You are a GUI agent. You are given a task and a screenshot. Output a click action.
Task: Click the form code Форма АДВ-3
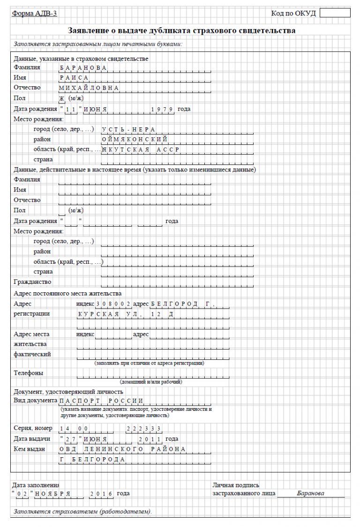pyautogui.click(x=35, y=13)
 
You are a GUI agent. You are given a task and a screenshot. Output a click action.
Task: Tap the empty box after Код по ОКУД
pyautogui.click(x=335, y=13)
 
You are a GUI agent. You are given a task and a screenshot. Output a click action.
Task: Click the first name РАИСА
pyautogui.click(x=74, y=78)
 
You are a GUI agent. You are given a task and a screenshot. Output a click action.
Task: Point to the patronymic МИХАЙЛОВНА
pyautogui.click(x=89, y=88)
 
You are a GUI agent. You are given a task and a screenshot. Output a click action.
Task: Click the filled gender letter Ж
pyautogui.click(x=61, y=98)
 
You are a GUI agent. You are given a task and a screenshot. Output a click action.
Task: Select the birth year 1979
pyautogui.click(x=163, y=109)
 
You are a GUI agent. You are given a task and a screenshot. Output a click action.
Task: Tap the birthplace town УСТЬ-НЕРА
pyautogui.click(x=129, y=129)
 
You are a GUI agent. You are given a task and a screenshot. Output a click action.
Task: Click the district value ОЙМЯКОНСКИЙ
pyautogui.click(x=135, y=139)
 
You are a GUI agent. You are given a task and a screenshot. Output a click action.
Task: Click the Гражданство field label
pyautogui.click(x=32, y=282)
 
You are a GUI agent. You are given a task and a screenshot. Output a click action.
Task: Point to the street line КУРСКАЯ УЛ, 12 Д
pyautogui.click(x=126, y=314)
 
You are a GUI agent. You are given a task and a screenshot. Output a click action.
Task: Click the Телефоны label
pyautogui.click(x=29, y=373)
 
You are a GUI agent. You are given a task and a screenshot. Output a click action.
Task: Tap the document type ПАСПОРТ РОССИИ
pyautogui.click(x=101, y=401)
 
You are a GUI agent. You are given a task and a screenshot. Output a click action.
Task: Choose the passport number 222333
pyautogui.click(x=144, y=429)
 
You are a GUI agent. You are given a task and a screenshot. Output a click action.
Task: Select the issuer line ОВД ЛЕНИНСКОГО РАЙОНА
pyautogui.click(x=122, y=449)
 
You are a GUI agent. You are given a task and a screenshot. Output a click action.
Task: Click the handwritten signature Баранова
pyautogui.click(x=310, y=493)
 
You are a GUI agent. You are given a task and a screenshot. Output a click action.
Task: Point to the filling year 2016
pyautogui.click(x=101, y=494)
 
